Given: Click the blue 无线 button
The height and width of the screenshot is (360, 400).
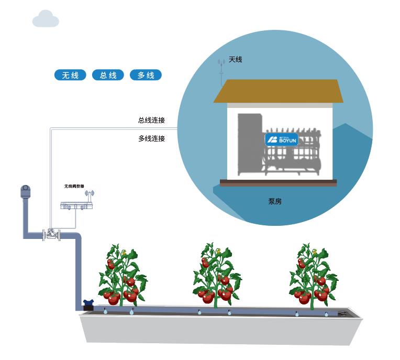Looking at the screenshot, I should point(70,75).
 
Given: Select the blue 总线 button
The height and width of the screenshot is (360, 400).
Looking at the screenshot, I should point(108,75).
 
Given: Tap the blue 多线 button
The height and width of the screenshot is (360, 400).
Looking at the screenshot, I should point(146,75).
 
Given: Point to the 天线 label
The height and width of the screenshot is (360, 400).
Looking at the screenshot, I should point(236,60).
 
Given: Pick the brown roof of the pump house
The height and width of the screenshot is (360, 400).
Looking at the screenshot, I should point(278,92).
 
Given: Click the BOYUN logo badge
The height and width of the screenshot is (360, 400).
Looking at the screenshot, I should point(281,139).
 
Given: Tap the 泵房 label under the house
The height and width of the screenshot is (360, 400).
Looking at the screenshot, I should point(275,201).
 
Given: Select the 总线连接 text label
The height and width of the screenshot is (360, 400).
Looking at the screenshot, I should point(151,121).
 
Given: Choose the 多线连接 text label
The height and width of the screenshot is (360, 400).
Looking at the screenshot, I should point(151,139).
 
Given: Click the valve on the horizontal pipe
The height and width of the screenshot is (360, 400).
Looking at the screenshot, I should point(51,234).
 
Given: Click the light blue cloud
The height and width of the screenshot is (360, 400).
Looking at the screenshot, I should point(46,20).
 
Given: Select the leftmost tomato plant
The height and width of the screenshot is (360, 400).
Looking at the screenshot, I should point(122,276).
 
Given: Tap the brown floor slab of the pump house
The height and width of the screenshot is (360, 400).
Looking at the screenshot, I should point(278,183).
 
